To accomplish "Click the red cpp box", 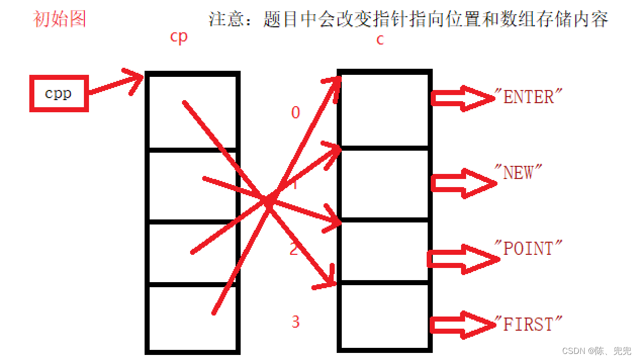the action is click(x=59, y=94).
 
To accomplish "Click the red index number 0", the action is click(x=296, y=113).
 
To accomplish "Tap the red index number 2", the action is click(x=294, y=249).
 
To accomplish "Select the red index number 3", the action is click(x=296, y=322).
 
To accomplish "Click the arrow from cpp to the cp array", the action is click(x=116, y=85).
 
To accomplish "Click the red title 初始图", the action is click(x=59, y=19).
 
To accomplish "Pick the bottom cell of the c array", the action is click(x=384, y=316).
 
